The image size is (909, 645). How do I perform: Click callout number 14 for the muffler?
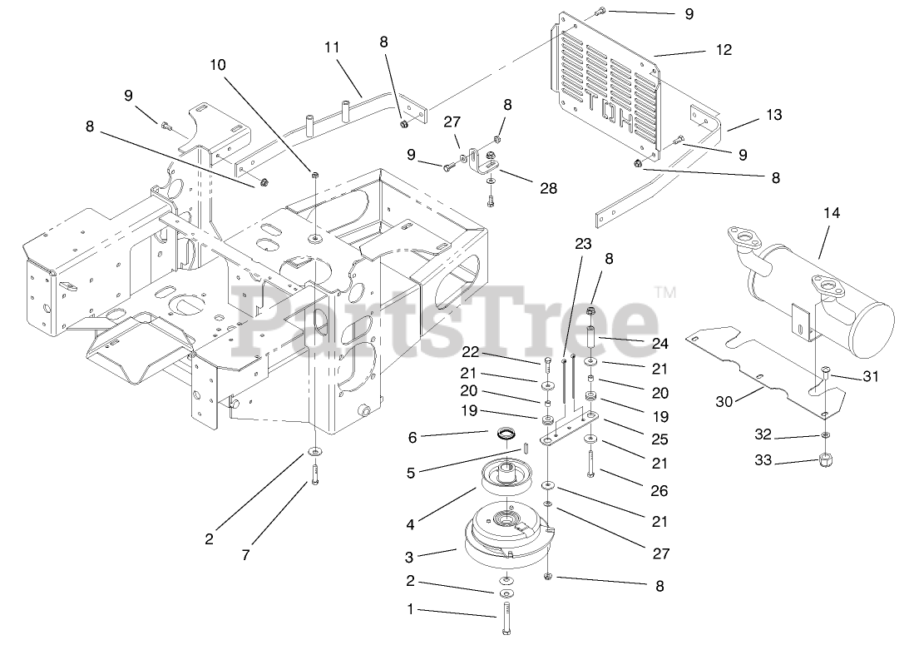coord(832,214)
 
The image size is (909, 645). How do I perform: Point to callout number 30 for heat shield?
coord(724,401)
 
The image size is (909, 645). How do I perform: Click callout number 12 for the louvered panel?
coord(724,50)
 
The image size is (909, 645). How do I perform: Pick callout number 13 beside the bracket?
coord(773,115)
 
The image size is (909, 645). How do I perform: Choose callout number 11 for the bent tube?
coord(332,47)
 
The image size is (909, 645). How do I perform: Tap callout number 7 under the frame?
coord(245,555)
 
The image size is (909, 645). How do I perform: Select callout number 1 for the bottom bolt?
coord(409,609)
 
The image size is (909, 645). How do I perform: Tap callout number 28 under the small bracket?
coord(549,189)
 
